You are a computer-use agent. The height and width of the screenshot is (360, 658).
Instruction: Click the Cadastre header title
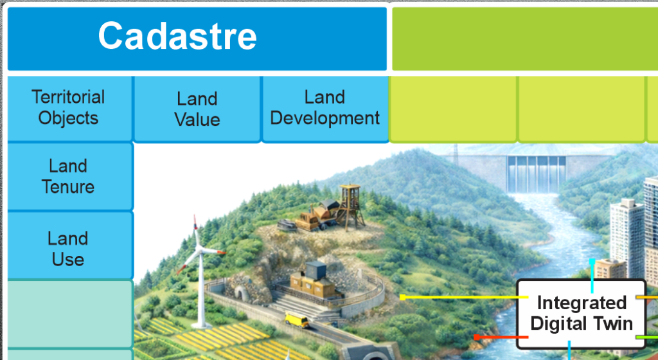[x=177, y=36]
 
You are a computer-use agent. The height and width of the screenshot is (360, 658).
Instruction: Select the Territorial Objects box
[x=69, y=109]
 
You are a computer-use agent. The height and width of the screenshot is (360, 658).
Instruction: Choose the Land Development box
[x=325, y=109]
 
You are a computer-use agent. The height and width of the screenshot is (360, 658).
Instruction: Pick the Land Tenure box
[x=70, y=177]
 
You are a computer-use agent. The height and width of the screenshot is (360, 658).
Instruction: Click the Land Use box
[x=70, y=246]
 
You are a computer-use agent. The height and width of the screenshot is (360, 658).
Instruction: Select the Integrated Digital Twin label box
[x=581, y=314]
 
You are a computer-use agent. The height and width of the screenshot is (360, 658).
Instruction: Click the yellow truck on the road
[x=297, y=320]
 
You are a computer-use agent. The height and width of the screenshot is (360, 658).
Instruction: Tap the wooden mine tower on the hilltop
[x=350, y=206]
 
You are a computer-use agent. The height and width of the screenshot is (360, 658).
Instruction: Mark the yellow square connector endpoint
[x=402, y=297]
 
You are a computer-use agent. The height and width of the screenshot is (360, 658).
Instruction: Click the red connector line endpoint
[x=477, y=337]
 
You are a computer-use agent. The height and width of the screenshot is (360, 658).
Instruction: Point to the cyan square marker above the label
[x=592, y=262]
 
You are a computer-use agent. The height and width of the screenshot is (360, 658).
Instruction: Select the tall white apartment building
[x=627, y=238]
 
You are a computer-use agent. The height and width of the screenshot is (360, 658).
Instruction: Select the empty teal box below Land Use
[x=70, y=314]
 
